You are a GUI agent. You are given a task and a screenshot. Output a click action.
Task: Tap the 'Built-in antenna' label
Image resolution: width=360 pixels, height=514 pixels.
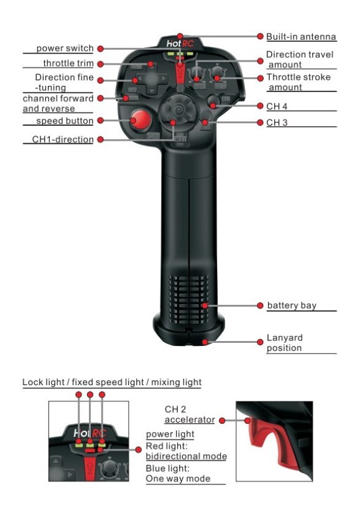tap(301, 37)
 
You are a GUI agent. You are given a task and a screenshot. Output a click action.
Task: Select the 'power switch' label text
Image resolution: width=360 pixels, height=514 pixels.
tap(65, 49)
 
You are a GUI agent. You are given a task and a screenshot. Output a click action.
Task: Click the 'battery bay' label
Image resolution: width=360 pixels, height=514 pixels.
tap(292, 306)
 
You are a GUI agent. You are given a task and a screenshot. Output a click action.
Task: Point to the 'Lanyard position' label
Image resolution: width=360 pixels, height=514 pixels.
tap(285, 343)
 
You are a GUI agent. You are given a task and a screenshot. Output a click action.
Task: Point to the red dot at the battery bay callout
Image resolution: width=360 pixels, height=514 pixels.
tap(261, 306)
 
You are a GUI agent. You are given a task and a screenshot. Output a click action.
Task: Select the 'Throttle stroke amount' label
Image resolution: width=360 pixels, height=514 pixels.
tap(298, 82)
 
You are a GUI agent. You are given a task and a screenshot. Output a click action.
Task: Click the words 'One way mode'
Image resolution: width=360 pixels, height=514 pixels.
tap(177, 479)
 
